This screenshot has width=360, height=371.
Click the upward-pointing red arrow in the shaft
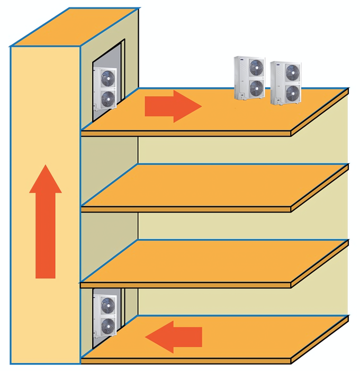pos(45,223)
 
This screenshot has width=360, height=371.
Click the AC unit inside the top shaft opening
pos(105,87)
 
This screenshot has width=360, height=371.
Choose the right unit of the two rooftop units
pos(285,82)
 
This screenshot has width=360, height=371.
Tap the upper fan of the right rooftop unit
pos(292,72)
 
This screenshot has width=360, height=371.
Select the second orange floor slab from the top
pos(212,185)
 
